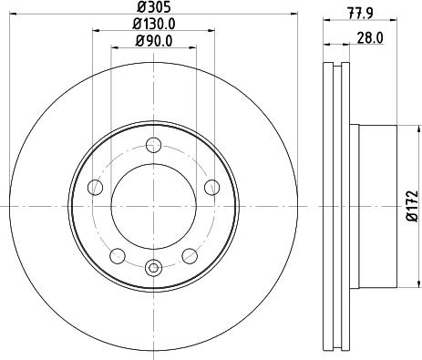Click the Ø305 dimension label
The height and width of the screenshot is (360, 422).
154,6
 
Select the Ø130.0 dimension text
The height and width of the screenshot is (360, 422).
154,24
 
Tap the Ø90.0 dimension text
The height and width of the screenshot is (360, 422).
154,41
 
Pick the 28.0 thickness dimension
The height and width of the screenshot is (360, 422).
370,38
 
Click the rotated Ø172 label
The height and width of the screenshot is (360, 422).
413,206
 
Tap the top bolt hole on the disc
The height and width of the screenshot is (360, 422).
153,145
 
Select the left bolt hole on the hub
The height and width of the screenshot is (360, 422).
95,187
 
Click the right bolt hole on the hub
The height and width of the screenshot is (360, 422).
211,187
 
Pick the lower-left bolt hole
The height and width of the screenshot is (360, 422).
118,256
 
